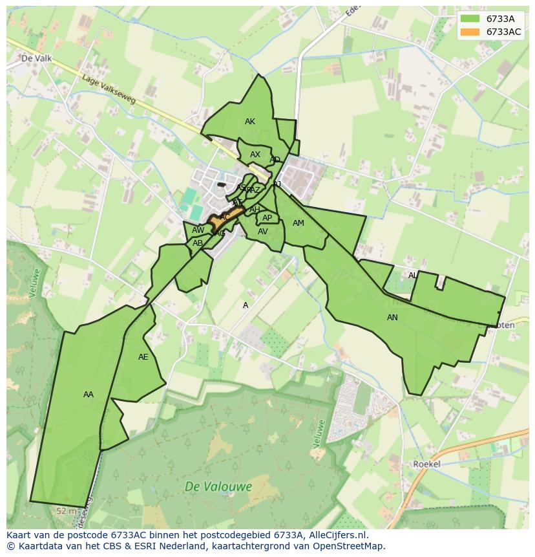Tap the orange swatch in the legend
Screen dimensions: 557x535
(x=470, y=32)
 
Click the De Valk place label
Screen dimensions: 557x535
(x=36, y=58)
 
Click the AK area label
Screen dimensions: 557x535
(x=250, y=122)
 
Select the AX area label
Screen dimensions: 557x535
(x=255, y=155)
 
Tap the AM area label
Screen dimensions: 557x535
(x=298, y=223)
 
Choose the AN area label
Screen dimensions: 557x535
(x=392, y=318)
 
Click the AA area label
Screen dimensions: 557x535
(x=89, y=395)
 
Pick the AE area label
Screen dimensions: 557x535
(x=143, y=357)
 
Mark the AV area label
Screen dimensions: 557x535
(x=263, y=232)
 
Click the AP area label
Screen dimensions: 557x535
(x=267, y=218)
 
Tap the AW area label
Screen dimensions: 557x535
(x=198, y=230)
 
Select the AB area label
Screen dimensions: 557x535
(x=198, y=243)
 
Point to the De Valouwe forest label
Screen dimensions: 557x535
(x=218, y=486)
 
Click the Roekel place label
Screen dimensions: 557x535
(x=426, y=464)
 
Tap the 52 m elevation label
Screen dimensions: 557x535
(x=65, y=511)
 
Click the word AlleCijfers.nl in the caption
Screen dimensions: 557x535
(x=336, y=535)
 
